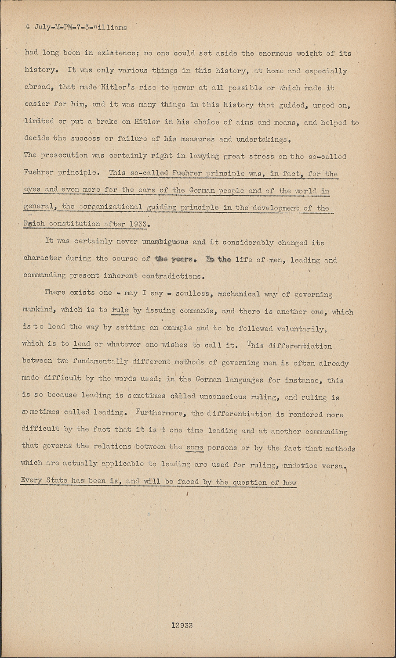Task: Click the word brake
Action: tap(107, 122)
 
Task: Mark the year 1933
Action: tap(141, 224)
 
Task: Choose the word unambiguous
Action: tap(165, 242)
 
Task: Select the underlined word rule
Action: tap(120, 311)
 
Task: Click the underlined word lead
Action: tap(82, 344)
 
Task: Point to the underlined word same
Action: tap(195, 447)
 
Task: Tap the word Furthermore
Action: tap(161, 413)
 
